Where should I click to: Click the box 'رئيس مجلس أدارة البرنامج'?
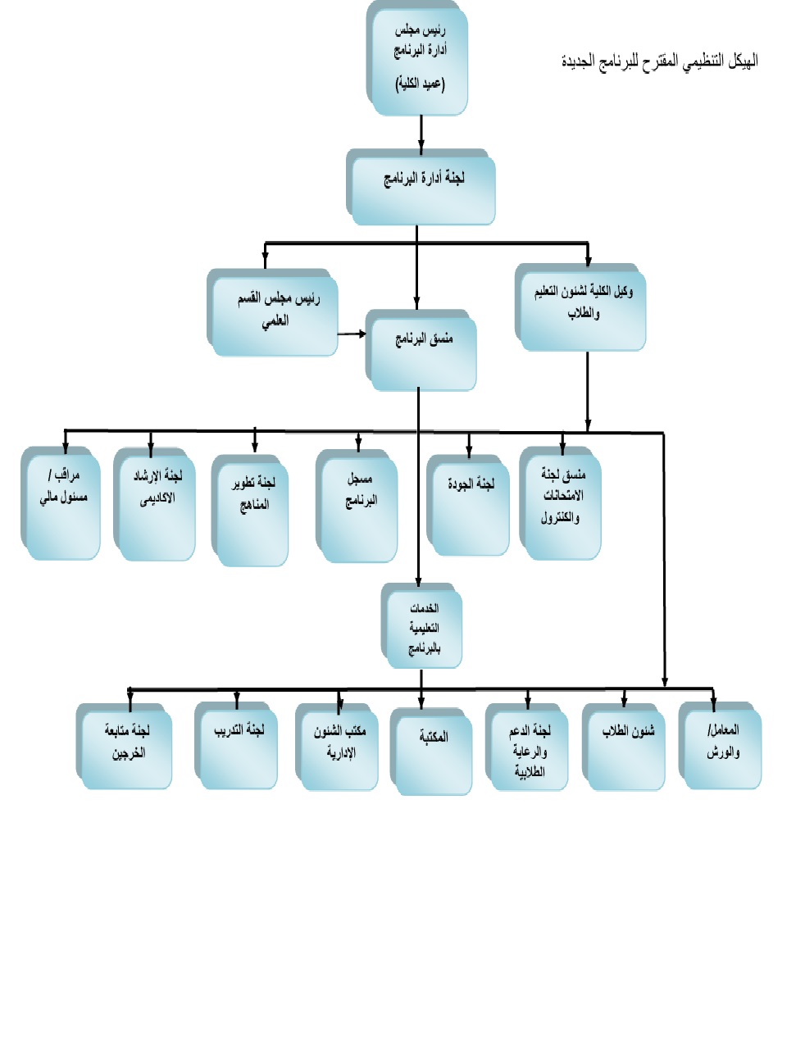[x=419, y=60]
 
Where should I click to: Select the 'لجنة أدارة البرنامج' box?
[x=422, y=189]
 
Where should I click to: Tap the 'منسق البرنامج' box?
[x=423, y=351]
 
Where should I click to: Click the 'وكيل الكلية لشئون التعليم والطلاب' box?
[x=582, y=309]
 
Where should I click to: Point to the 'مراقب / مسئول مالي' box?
[x=62, y=506]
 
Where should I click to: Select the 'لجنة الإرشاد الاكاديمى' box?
[x=156, y=506]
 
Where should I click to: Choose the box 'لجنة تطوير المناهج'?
[x=252, y=511]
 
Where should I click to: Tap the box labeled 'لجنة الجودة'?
[x=470, y=506]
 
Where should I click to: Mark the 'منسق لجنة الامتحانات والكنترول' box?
[x=562, y=506]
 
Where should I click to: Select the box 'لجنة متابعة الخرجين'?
[x=127, y=747]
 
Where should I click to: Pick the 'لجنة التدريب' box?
[x=238, y=747]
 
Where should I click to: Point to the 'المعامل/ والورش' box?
[x=722, y=747]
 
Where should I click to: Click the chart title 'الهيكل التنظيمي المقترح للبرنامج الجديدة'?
[x=659, y=61]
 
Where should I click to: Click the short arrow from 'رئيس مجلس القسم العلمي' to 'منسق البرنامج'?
[x=352, y=334]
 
